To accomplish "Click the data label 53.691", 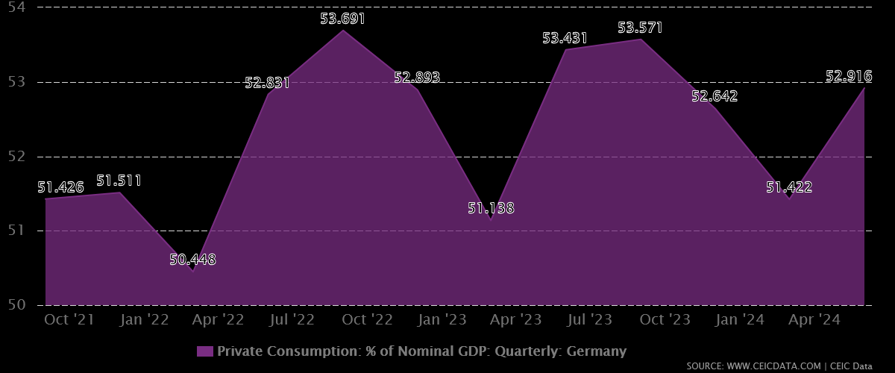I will (343, 18).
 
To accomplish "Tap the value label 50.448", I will (192, 260).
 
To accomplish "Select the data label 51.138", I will (491, 208).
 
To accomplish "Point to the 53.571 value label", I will (640, 28).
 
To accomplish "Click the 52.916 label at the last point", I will (849, 76).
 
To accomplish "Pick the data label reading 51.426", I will (60, 187).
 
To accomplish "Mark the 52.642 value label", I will (715, 95).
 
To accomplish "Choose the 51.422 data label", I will (789, 187).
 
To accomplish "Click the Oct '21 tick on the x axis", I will (69, 320).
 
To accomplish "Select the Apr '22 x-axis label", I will (218, 320).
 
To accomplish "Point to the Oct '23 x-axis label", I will (665, 320).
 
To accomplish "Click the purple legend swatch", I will (205, 351).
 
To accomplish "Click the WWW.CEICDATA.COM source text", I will (777, 366).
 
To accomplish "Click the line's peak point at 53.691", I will (343, 31).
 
